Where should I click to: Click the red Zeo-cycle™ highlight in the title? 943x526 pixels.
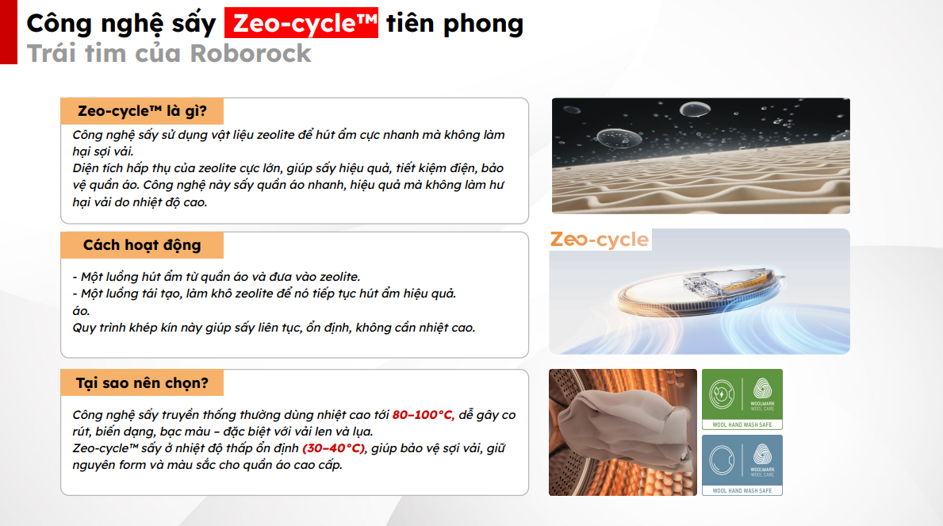point(301,23)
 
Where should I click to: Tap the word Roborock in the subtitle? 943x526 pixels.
point(251,53)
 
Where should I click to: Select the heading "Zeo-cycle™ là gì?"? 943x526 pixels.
point(142,111)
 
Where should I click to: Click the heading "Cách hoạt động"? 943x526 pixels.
point(142,245)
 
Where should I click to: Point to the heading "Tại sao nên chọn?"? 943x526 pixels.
point(142,382)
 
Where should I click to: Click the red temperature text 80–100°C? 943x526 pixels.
point(423,415)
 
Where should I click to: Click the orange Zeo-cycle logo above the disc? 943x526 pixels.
point(600,240)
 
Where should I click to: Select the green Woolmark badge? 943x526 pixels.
point(742,399)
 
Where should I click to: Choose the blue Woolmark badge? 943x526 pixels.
point(742,465)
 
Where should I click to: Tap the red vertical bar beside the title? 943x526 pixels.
point(9,32)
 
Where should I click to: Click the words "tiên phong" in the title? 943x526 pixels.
point(454,23)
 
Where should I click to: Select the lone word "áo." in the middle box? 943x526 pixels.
point(81,311)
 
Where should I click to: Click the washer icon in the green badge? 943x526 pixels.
point(722,395)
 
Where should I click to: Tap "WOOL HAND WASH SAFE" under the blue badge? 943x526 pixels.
point(742,490)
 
